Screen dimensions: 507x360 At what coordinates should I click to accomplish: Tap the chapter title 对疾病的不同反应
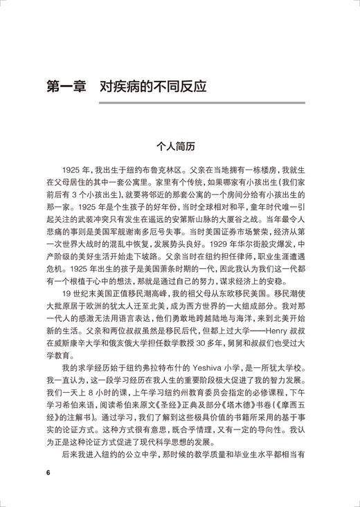pos(151,89)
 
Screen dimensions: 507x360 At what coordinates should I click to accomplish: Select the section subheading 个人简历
pos(179,147)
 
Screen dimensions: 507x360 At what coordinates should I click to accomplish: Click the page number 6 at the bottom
pos(48,473)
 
